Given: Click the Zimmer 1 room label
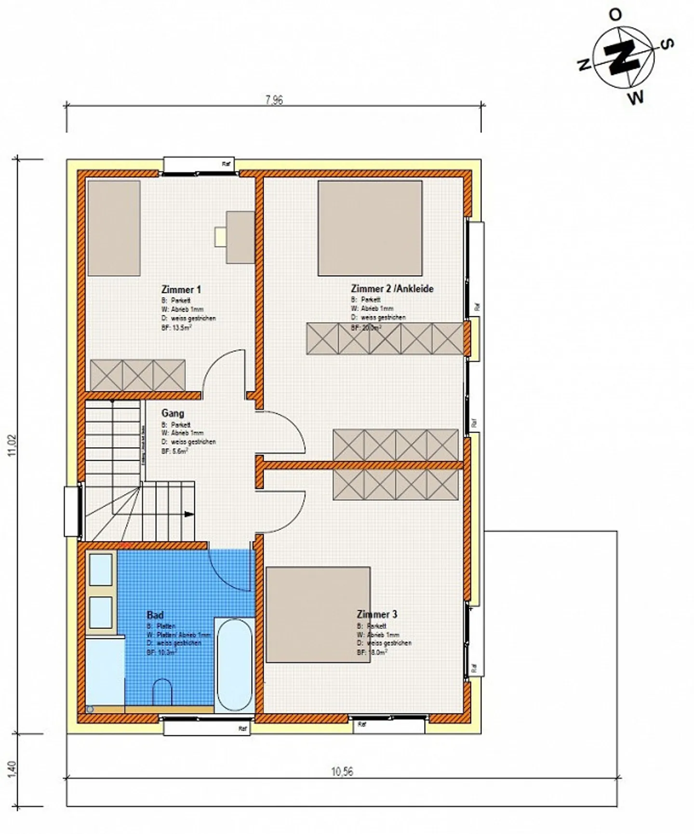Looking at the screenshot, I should click(181, 289).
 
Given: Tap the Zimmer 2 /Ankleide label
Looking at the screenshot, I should click(392, 289).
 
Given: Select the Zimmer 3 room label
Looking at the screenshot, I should click(377, 614).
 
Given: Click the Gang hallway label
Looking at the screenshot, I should click(173, 413).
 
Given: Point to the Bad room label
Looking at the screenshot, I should click(155, 615).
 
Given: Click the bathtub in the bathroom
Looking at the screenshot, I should click(234, 664).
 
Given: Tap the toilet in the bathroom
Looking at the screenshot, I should click(162, 693).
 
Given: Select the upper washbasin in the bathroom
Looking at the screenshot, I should click(101, 569).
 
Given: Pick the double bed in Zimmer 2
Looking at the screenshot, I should click(370, 228).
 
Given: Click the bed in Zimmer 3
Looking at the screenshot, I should click(318, 614).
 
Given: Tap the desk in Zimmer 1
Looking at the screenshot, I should click(240, 236).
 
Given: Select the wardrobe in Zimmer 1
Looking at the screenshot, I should click(137, 375).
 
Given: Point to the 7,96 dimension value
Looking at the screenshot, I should click(274, 100).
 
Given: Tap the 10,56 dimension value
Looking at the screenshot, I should click(342, 771).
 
